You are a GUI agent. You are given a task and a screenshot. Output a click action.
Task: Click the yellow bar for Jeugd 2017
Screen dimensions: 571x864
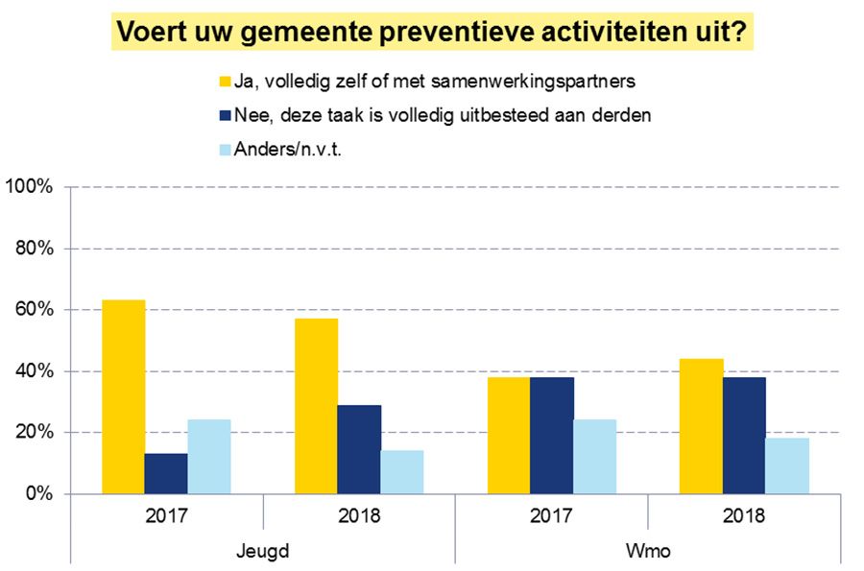point(124,397)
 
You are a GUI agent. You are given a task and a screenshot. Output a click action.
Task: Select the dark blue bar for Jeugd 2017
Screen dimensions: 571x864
point(167,474)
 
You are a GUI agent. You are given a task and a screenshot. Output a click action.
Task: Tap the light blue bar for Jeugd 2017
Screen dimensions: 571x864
point(209,457)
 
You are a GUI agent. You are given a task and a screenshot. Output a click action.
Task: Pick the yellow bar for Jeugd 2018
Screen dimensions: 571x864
point(316,406)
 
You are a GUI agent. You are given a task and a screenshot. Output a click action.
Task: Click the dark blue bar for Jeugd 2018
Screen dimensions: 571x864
point(359,449)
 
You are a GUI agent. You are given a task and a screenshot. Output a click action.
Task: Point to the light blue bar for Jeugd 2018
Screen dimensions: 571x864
point(401,472)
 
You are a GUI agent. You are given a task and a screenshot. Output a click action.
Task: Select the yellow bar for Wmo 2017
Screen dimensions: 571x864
point(508,436)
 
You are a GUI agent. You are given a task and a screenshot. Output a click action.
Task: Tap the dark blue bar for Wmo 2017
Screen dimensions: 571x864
point(551,436)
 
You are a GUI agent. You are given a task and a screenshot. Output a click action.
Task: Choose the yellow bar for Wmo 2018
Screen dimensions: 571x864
point(700,426)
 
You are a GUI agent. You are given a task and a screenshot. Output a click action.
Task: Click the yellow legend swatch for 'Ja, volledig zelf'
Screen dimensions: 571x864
point(227,81)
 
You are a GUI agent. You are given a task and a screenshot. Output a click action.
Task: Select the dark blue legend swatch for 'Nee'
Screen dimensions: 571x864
point(227,115)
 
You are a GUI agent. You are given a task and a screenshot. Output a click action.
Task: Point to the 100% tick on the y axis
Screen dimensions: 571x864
point(32,187)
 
